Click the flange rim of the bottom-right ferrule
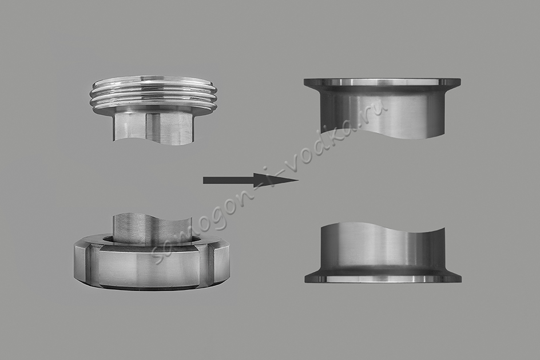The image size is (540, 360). (x=382, y=278)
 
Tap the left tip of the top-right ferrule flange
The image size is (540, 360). (x=304, y=82)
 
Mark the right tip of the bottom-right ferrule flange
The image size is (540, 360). (x=461, y=279)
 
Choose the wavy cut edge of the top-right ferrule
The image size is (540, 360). (x=382, y=133)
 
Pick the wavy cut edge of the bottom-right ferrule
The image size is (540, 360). (x=382, y=227)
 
